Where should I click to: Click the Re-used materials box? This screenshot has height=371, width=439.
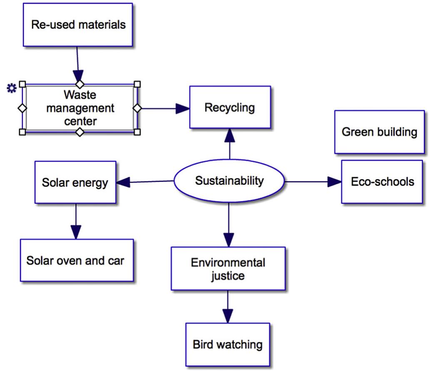click(78, 25)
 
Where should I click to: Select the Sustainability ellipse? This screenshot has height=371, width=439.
click(229, 181)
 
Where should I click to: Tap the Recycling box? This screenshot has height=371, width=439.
click(230, 107)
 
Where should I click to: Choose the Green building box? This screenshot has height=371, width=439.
click(379, 132)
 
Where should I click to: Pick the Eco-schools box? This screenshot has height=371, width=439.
click(382, 182)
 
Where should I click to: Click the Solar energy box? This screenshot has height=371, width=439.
click(75, 182)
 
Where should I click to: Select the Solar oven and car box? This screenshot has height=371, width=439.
click(77, 260)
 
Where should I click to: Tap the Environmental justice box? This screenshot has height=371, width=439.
click(228, 268)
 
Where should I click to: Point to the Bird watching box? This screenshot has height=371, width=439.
click(227, 344)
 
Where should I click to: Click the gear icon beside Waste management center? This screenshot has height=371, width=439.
click(12, 88)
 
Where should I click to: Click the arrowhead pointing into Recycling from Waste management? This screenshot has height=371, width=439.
click(182, 108)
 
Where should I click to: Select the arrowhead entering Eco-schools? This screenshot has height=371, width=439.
click(334, 182)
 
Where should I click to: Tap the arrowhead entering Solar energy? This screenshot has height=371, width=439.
click(123, 183)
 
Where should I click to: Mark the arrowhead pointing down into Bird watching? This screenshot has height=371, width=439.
click(227, 316)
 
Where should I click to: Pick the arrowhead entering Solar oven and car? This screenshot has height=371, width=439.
click(76, 232)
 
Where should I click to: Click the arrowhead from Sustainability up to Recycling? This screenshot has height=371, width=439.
click(230, 135)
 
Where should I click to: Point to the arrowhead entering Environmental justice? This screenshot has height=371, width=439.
click(229, 240)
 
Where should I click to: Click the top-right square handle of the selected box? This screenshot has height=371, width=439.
click(137, 84)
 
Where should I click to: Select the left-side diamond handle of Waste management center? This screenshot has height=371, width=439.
click(22, 108)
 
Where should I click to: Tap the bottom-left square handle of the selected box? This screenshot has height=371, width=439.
click(22, 132)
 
